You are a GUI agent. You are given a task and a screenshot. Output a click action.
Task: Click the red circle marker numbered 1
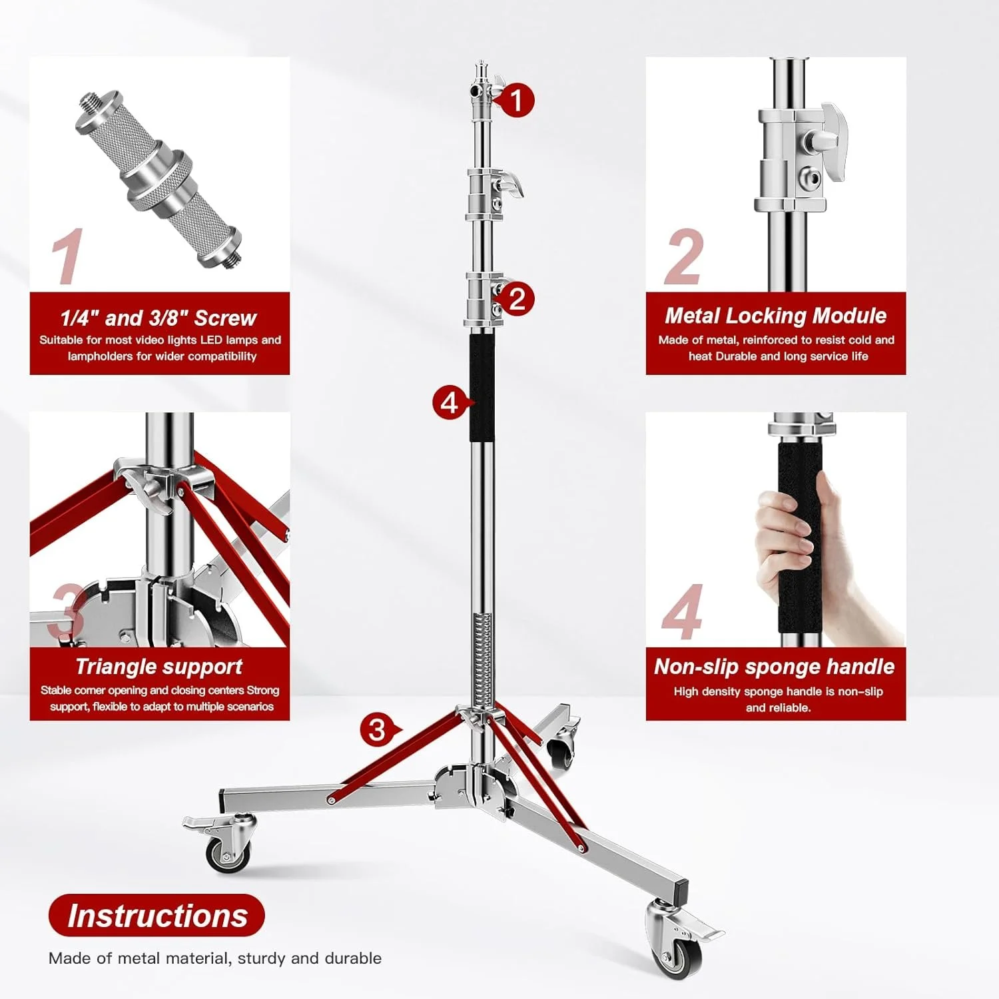click(515, 101)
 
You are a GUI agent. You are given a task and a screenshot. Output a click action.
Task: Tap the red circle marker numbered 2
click(517, 298)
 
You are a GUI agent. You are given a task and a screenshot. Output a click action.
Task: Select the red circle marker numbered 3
click(377, 730)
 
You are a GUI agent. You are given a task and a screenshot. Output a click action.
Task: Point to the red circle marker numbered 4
click(450, 403)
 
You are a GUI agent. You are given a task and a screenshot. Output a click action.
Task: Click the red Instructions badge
click(157, 915)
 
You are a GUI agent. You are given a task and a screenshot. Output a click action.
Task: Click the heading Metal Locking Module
click(775, 316)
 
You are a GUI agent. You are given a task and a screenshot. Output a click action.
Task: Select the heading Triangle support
click(159, 667)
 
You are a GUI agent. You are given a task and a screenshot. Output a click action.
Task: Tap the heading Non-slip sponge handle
click(775, 667)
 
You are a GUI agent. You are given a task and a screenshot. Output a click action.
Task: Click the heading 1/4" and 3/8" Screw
click(159, 318)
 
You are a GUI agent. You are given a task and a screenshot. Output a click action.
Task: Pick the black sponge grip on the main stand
click(482, 388)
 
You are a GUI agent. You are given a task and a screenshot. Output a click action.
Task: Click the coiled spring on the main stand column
click(484, 659)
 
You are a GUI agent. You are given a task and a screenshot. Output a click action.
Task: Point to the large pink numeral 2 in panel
click(684, 258)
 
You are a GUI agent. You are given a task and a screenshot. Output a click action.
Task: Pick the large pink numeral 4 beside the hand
click(682, 613)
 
